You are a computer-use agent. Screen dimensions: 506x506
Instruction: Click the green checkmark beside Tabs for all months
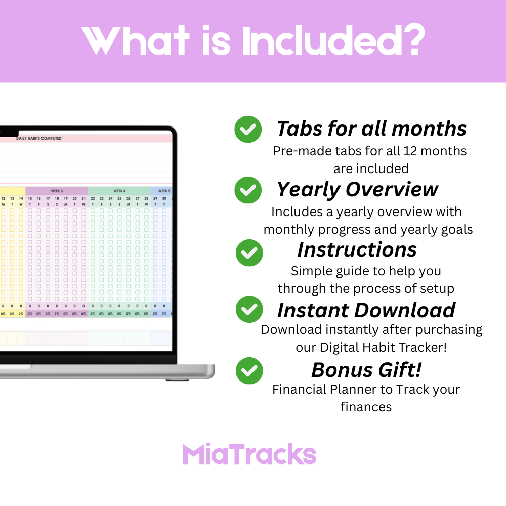coord(248,130)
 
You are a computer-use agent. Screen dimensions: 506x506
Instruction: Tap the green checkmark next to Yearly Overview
coord(248,190)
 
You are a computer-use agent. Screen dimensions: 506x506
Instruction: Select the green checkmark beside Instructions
coord(249,252)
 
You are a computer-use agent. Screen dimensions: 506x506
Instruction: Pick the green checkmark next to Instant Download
coord(249,310)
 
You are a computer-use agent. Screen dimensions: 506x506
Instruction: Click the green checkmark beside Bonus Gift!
coord(249,370)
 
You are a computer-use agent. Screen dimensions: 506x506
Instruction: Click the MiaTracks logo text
coord(249,454)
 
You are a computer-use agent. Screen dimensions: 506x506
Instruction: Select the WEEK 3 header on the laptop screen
coord(57,191)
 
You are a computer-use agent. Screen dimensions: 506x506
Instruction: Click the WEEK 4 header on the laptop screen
coord(119,191)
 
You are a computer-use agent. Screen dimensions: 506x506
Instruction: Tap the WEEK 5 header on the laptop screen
coord(163,191)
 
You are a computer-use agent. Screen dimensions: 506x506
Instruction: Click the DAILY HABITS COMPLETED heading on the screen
coord(39,138)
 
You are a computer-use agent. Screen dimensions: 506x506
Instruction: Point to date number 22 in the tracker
coord(93,199)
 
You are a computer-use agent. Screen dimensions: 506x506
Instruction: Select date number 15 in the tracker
coord(30,199)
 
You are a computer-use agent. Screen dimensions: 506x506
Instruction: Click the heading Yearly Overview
coord(357,189)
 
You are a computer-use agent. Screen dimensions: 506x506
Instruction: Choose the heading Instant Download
coord(366,310)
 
